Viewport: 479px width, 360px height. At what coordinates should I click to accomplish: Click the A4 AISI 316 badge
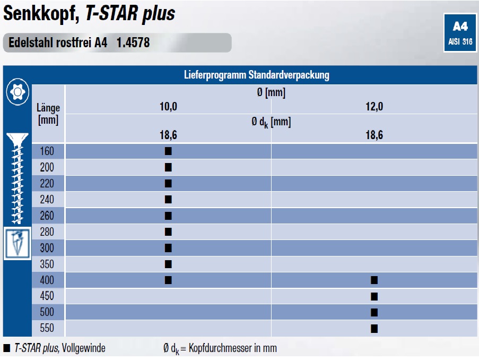point(460,33)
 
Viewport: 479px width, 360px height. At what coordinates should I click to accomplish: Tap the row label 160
point(47,151)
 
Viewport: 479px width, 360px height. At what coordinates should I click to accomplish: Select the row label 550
point(47,328)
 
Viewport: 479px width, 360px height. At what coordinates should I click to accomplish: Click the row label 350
point(47,264)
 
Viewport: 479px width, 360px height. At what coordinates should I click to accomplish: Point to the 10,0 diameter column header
point(168,106)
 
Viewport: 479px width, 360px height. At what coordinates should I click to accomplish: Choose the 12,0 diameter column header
point(374,106)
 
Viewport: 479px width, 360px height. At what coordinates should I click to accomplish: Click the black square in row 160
point(168,151)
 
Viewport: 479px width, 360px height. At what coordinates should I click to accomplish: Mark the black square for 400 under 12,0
point(374,280)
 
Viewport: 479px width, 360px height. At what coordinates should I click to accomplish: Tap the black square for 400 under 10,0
point(168,280)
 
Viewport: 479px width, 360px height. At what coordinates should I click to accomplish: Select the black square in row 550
point(374,329)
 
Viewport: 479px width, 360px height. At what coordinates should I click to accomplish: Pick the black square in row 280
point(168,232)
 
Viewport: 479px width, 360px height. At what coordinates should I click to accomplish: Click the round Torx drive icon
point(18,92)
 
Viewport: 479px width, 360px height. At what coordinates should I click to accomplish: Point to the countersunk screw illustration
point(17,178)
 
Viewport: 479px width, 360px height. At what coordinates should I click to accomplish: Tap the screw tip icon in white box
point(18,244)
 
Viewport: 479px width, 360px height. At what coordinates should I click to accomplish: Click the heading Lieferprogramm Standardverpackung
point(257,75)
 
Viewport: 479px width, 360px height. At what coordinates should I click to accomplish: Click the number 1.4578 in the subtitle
point(133,42)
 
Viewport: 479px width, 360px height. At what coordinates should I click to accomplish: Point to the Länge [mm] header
point(48,114)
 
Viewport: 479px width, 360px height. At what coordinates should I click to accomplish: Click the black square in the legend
point(7,348)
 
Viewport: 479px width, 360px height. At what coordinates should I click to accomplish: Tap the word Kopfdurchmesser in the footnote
point(218,348)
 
